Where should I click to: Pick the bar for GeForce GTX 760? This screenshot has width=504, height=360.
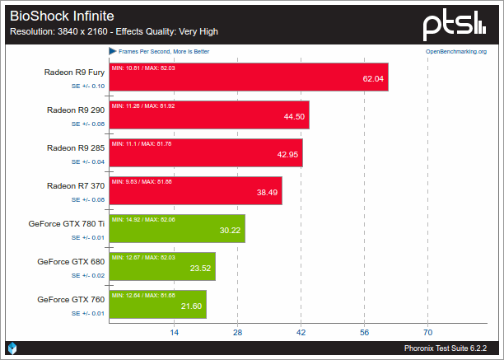(157, 305)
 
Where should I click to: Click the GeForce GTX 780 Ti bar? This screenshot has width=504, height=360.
(177, 229)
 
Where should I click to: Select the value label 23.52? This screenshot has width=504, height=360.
(201, 268)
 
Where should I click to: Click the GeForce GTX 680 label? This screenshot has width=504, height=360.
(71, 261)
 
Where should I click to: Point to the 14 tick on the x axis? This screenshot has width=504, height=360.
(174, 332)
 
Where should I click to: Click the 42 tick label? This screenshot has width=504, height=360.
(301, 332)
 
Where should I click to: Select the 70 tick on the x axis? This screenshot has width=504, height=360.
(427, 332)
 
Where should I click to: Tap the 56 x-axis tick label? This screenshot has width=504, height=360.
(364, 332)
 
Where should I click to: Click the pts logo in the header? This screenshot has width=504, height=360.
(460, 26)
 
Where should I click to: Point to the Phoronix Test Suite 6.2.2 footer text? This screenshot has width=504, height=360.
(450, 348)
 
